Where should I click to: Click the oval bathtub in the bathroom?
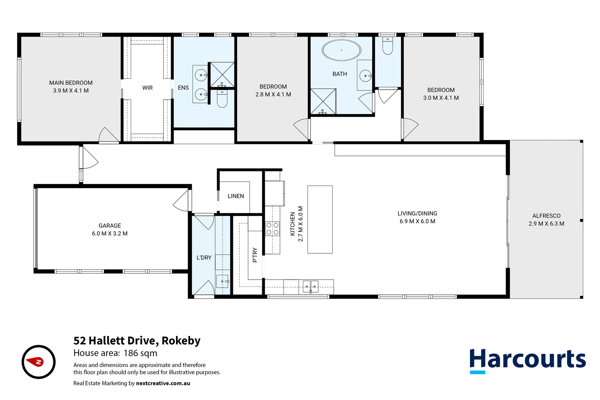point(341,50)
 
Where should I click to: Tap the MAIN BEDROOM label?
point(71,83)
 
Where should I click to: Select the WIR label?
point(147,88)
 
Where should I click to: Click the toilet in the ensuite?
point(222,98)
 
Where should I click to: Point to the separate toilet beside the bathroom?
point(387,46)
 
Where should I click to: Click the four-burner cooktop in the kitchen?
point(272,229)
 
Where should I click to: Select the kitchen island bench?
point(320,219)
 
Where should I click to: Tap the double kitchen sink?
point(310,286)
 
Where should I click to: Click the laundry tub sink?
point(222,281)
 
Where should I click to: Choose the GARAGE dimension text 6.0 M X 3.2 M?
point(110,233)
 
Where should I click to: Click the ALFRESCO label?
point(546,216)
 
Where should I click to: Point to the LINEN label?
point(236,196)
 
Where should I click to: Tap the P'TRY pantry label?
point(255,255)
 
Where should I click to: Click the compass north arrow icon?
point(39,362)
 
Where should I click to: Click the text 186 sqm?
point(140,353)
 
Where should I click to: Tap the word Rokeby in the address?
point(181,340)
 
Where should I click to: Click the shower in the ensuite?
point(222,74)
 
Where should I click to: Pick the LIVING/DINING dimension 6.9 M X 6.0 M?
point(417,221)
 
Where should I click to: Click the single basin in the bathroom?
point(365,76)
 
